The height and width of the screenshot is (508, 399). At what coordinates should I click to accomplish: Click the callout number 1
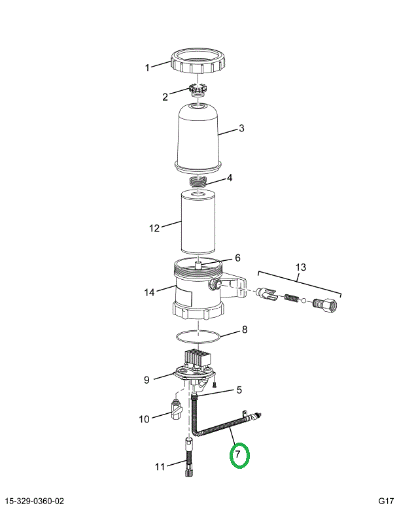147,68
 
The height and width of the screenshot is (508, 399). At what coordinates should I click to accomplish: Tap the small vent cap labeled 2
198,90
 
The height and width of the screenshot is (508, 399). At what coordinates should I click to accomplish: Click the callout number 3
241,128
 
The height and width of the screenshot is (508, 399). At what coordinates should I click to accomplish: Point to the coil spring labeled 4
198,182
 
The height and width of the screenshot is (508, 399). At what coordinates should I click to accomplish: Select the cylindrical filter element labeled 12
198,222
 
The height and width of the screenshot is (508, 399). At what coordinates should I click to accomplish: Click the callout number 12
154,228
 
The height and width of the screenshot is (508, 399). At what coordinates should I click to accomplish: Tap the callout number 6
237,258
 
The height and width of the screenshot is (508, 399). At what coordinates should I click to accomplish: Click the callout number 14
149,292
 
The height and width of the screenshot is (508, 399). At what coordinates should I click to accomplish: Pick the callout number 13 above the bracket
300,267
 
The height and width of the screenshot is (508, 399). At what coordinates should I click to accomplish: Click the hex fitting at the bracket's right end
325,303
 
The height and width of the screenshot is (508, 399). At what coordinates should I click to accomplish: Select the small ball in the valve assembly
304,300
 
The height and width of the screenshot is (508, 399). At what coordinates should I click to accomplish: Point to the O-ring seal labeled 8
198,337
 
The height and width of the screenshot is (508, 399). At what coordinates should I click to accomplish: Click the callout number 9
147,380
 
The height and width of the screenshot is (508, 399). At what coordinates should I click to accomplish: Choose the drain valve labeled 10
176,410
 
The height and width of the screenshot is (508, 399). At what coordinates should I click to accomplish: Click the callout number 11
160,467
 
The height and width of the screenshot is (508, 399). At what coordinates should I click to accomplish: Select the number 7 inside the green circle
238,454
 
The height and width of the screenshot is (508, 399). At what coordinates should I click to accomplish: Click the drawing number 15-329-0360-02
35,501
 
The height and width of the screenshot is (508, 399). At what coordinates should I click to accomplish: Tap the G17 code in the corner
386,501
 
